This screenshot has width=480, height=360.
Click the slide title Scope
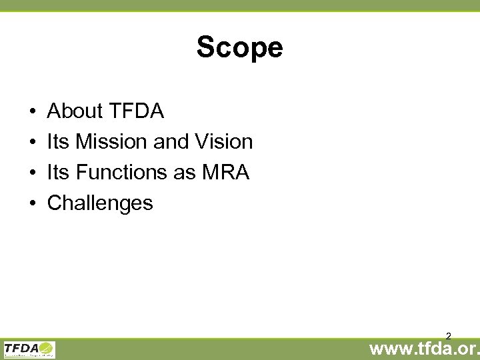pos(239,47)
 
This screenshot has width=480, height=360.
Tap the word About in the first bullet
pos(75,111)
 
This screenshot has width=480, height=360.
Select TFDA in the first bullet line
pos(135,111)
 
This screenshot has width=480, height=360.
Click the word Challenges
pos(100,203)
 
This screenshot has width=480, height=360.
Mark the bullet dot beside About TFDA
pos(32,111)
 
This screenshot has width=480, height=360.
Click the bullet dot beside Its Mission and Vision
pos(32,142)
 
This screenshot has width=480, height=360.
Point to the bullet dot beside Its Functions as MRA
pos(32,173)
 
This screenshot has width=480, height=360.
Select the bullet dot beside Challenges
pos(32,203)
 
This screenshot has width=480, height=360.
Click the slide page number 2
pos(449,336)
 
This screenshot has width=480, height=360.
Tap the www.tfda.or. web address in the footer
pos(424,349)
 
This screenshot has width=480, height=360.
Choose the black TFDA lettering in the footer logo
pos(21,347)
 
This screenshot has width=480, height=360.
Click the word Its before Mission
pos(58,141)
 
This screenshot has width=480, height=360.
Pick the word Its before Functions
pos(58,172)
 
